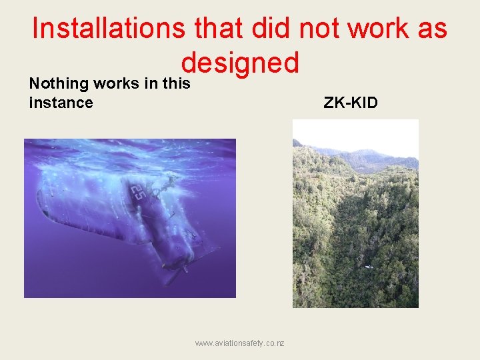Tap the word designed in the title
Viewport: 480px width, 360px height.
tap(239, 63)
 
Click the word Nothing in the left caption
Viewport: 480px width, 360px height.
tap(59, 83)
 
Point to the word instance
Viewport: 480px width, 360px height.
tap(61, 102)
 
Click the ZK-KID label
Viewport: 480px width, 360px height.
tap(350, 102)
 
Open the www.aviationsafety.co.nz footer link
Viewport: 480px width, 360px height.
tap(239, 343)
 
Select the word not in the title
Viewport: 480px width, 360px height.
tap(313, 29)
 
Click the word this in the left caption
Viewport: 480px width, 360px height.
tap(175, 83)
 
